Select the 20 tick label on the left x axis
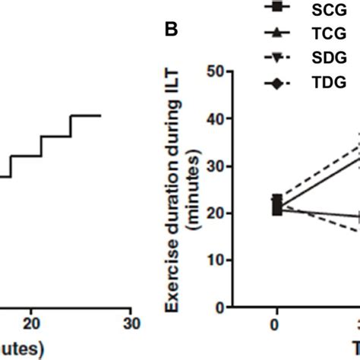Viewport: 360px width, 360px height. point(30,324)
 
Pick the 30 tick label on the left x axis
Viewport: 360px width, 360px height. point(131,324)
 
